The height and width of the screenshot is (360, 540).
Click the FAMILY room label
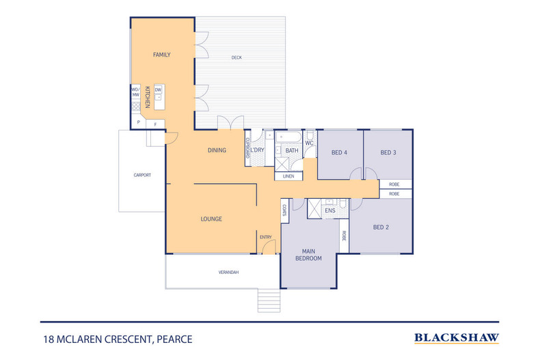click(x=161, y=55)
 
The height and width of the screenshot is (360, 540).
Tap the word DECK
click(x=237, y=57)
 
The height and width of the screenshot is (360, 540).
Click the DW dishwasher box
click(x=158, y=89)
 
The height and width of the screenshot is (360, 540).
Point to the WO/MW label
click(x=135, y=92)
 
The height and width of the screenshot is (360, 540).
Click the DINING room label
click(x=217, y=150)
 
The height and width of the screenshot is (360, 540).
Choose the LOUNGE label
click(x=211, y=219)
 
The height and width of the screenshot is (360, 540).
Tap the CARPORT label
click(x=141, y=175)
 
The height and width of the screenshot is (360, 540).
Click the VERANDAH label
click(x=228, y=273)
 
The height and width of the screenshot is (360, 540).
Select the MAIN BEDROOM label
click(x=308, y=254)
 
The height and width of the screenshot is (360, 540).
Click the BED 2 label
click(x=381, y=227)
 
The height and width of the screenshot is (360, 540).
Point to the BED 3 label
click(x=388, y=152)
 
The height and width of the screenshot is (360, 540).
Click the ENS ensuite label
click(x=329, y=211)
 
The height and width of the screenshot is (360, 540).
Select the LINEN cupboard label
click(x=288, y=176)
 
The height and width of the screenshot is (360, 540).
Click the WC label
click(x=308, y=143)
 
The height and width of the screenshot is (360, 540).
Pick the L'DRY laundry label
click(x=257, y=150)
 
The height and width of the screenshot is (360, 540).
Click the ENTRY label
click(x=266, y=237)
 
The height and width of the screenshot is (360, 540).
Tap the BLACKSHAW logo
click(x=457, y=337)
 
